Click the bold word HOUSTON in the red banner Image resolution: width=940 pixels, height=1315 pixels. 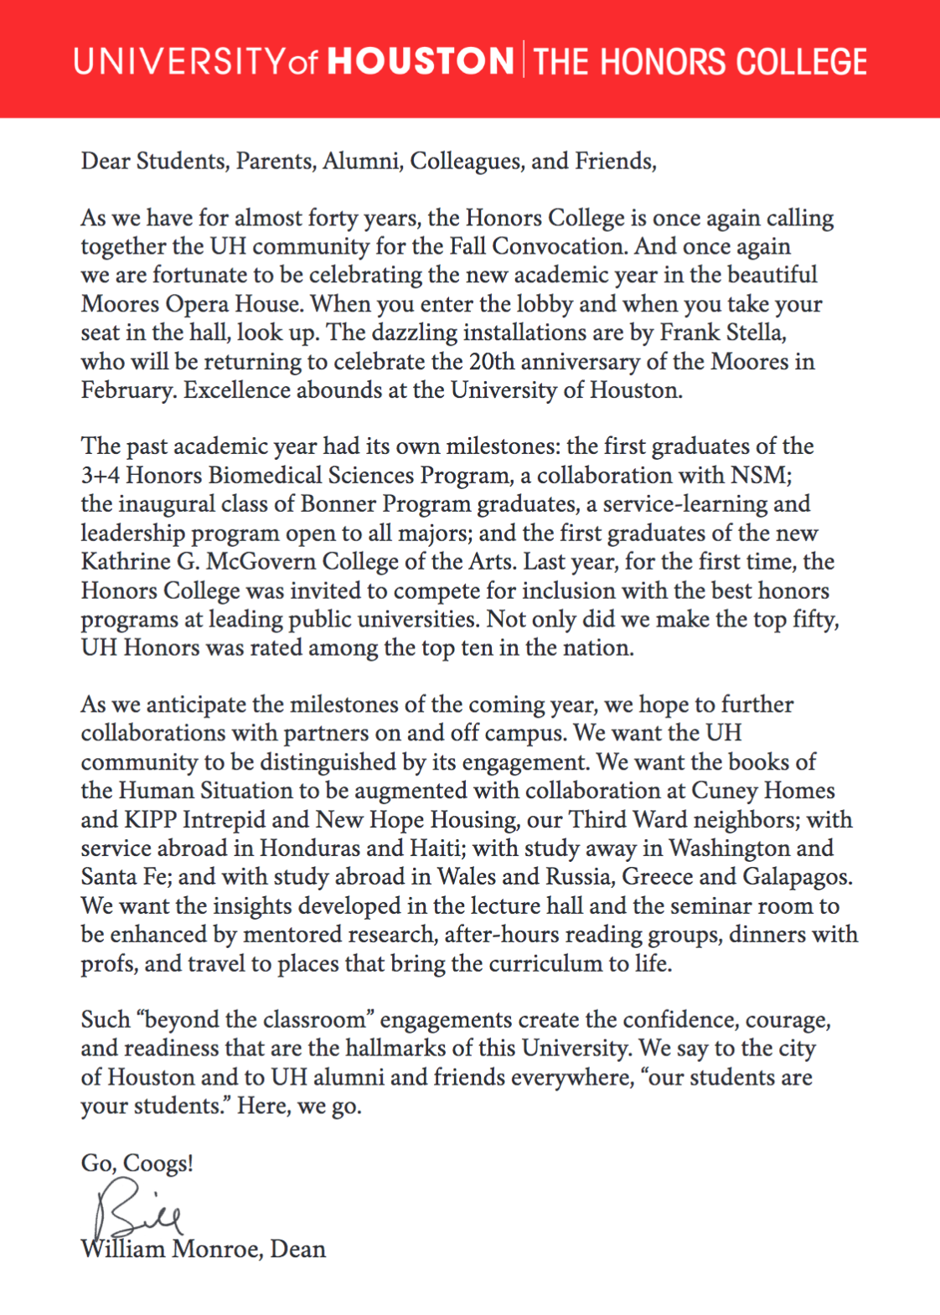coord(421,61)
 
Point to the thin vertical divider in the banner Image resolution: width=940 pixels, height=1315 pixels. coord(524,59)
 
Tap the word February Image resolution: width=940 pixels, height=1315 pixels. coord(128,390)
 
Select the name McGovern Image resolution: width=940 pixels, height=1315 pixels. coord(261,561)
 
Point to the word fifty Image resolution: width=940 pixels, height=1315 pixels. coord(817,619)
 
